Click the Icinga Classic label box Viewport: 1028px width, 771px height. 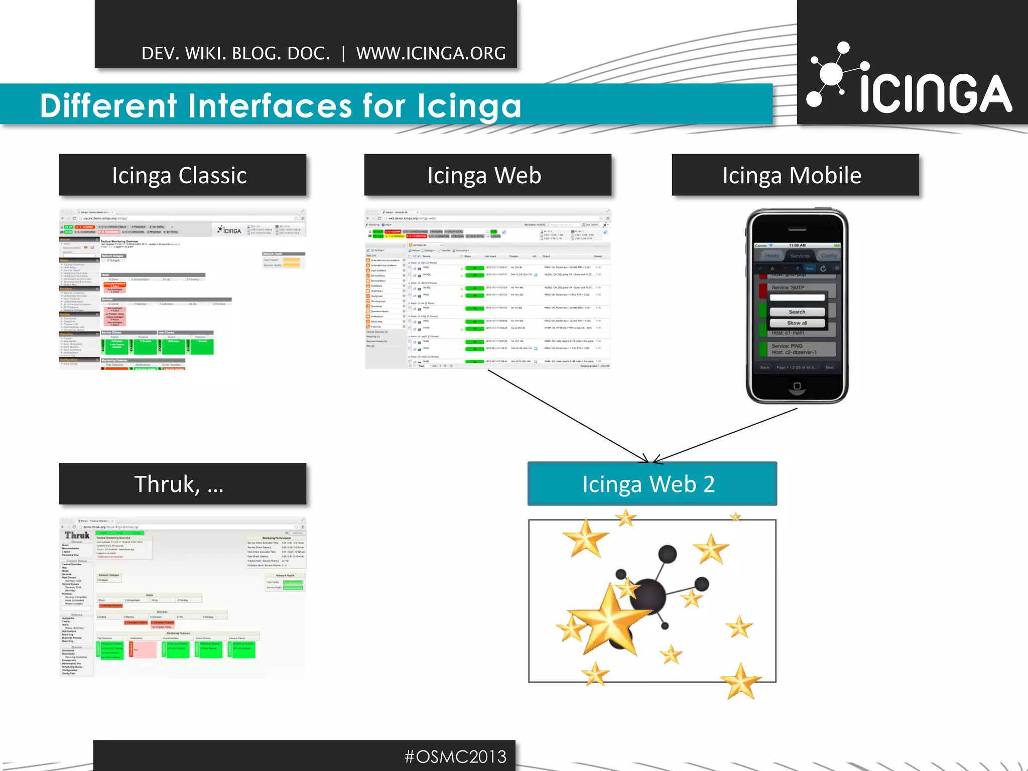(x=183, y=175)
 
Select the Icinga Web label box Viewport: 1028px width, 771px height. (x=487, y=175)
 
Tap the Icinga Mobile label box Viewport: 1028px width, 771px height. (x=795, y=175)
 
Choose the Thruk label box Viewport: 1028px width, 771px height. (x=183, y=484)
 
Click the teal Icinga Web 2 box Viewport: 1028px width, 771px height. (x=652, y=484)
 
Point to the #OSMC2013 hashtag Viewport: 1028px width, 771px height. (x=456, y=756)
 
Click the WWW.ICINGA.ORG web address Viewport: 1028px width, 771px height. (x=431, y=53)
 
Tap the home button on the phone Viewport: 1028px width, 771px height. (x=797, y=386)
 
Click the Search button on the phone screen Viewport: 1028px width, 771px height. (x=797, y=312)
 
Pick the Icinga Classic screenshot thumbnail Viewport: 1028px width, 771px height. (x=183, y=289)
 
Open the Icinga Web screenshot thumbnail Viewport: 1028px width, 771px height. (x=487, y=289)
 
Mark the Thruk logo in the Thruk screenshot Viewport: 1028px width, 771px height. (x=77, y=535)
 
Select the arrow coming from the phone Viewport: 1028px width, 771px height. (x=725, y=435)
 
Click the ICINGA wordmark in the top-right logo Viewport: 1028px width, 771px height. (x=936, y=94)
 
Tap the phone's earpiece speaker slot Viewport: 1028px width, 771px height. (x=797, y=229)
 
